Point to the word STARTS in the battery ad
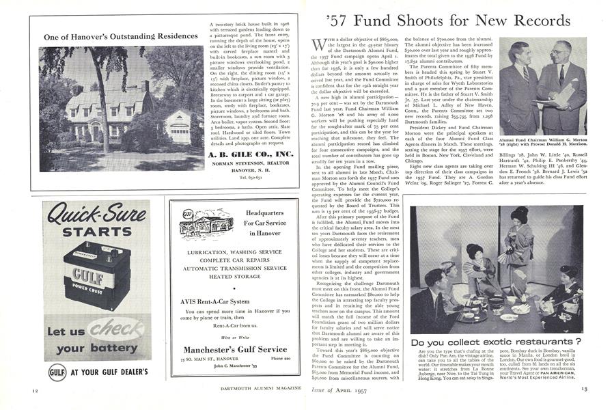(x=96, y=231)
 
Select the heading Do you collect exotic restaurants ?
(x=495, y=341)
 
